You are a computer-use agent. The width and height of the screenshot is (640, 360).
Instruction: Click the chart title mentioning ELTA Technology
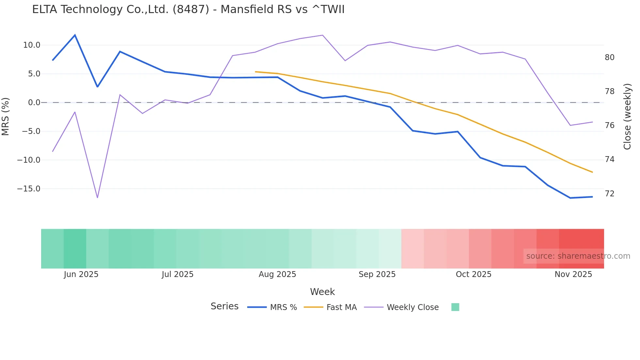pos(188,9)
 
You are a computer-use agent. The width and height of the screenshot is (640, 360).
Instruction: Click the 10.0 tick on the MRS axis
pos(32,45)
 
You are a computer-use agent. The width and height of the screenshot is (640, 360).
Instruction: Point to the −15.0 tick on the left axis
pos(29,189)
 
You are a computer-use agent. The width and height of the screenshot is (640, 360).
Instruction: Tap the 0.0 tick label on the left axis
pos(34,103)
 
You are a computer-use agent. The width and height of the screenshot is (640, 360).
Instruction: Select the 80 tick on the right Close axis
pos(609,57)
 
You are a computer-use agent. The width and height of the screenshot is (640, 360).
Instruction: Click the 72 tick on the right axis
pos(609,194)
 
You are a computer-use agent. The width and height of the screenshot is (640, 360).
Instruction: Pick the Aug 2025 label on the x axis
pos(277,274)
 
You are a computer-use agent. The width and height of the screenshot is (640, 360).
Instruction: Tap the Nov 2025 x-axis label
pos(573,274)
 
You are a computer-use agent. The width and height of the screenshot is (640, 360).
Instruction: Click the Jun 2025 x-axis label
pos(81,274)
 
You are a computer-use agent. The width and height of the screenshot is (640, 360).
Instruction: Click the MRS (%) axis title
pos(6,116)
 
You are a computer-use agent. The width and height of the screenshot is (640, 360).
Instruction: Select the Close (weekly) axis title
pos(627,116)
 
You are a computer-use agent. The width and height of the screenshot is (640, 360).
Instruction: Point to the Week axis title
pos(322,292)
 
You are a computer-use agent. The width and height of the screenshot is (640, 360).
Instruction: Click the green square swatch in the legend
pos(455,307)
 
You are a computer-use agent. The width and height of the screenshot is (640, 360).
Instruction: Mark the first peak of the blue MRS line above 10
pos(75,35)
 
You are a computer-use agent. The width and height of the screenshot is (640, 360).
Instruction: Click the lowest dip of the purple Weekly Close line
pos(97,198)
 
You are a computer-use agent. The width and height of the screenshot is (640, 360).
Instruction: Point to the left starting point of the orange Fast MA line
pos(255,72)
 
